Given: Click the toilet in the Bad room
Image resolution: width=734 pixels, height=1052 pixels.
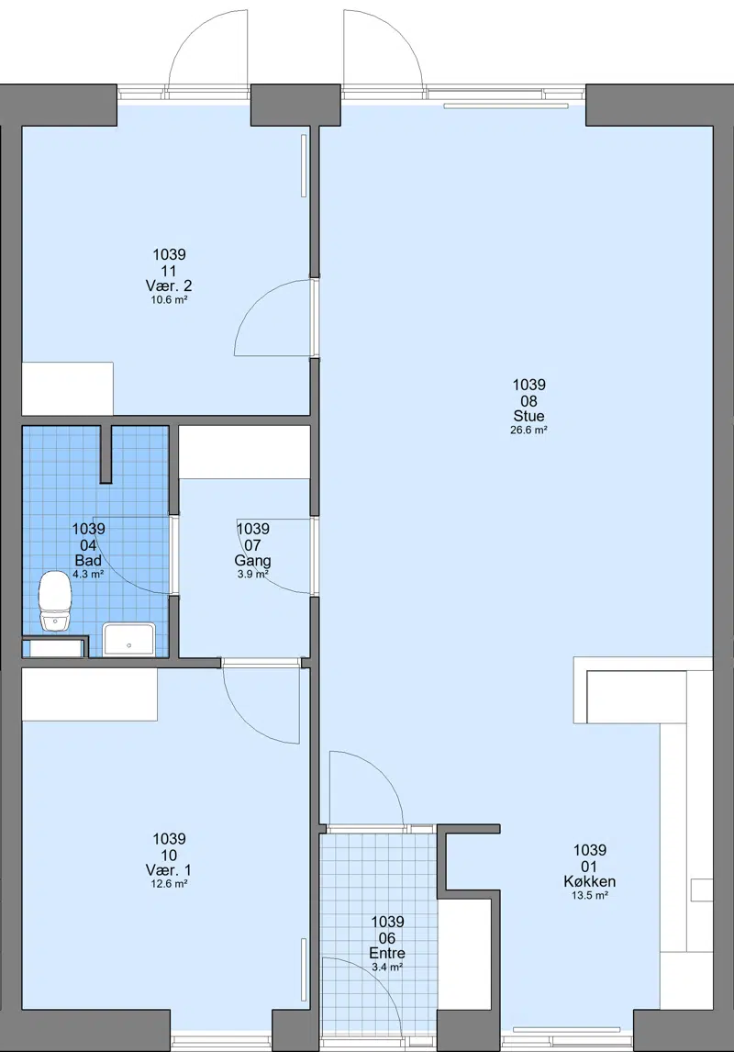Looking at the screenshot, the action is pyautogui.click(x=54, y=601).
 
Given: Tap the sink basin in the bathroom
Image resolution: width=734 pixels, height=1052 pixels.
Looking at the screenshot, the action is pyautogui.click(x=128, y=639).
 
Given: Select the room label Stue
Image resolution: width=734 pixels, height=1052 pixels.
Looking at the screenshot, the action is pyautogui.click(x=528, y=417).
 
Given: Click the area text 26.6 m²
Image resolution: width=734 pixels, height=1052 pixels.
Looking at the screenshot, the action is pyautogui.click(x=528, y=430).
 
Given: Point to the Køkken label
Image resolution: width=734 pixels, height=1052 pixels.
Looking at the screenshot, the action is pyautogui.click(x=590, y=881).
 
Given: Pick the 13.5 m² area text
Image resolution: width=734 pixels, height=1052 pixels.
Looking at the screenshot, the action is pyautogui.click(x=590, y=896).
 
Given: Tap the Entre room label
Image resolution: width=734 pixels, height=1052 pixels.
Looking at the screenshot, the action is pyautogui.click(x=387, y=954).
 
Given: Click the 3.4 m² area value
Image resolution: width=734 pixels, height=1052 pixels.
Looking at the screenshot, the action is pyautogui.click(x=387, y=968).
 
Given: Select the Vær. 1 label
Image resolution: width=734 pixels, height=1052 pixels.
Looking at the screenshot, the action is pyautogui.click(x=168, y=870).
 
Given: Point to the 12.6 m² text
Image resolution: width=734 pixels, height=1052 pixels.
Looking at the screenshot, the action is pyautogui.click(x=169, y=884).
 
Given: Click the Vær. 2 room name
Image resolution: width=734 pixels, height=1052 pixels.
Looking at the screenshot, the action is pyautogui.click(x=168, y=285).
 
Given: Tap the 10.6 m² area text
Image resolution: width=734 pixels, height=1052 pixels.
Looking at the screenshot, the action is pyautogui.click(x=169, y=300).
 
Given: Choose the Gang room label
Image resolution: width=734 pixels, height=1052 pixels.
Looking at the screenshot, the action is pyautogui.click(x=252, y=560).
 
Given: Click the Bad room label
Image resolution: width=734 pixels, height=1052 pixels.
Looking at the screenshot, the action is pyautogui.click(x=88, y=560).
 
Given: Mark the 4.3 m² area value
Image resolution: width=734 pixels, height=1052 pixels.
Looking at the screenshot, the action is pyautogui.click(x=88, y=575).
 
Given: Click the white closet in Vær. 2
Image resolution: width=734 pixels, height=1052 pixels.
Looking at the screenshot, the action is pyautogui.click(x=68, y=388).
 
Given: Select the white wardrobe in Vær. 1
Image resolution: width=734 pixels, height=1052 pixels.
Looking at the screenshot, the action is pyautogui.click(x=90, y=694).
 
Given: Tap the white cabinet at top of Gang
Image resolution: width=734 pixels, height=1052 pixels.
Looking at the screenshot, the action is pyautogui.click(x=245, y=453).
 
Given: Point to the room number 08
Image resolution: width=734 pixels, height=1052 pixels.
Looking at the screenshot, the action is pyautogui.click(x=528, y=401).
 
